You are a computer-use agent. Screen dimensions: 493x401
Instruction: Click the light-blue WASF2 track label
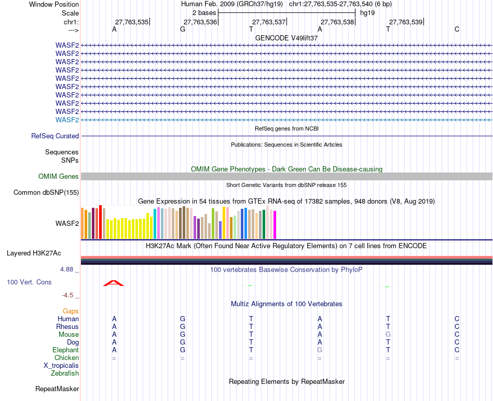point(67,120)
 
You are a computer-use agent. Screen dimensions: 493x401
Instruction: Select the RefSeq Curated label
point(55,136)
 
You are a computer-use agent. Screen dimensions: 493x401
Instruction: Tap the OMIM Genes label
point(59,176)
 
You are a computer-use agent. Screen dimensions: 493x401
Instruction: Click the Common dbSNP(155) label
point(46,193)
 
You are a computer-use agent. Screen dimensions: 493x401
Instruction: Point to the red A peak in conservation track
point(114,283)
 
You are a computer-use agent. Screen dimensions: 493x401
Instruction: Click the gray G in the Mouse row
point(388,335)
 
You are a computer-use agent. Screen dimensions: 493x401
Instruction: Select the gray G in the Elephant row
point(320,350)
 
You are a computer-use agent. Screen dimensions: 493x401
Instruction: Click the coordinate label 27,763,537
point(269,22)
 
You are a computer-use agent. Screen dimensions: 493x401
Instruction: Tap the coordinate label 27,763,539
point(406,22)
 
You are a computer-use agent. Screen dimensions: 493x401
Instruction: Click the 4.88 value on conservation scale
point(66,269)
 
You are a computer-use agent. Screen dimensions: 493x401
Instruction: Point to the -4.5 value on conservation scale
point(67,295)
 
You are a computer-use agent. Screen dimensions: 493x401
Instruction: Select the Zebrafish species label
point(65,374)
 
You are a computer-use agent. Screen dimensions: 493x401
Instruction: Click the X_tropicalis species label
point(61,366)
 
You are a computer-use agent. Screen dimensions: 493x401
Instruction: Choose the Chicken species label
point(66,357)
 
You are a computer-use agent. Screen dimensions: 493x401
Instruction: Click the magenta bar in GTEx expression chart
point(275,225)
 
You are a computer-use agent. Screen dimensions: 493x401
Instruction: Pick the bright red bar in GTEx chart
point(100,222)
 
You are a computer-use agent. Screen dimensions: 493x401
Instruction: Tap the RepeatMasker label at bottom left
point(57,389)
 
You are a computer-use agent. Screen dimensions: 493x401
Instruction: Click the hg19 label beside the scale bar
point(367,13)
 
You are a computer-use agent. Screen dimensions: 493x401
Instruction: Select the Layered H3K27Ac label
point(34,253)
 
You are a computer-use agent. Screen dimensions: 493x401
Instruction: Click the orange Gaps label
point(71,311)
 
